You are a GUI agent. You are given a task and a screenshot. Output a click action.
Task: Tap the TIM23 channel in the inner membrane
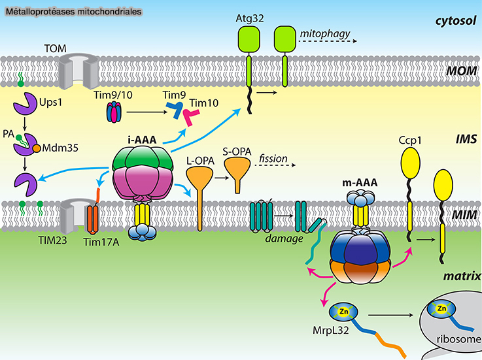(x=70, y=214)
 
